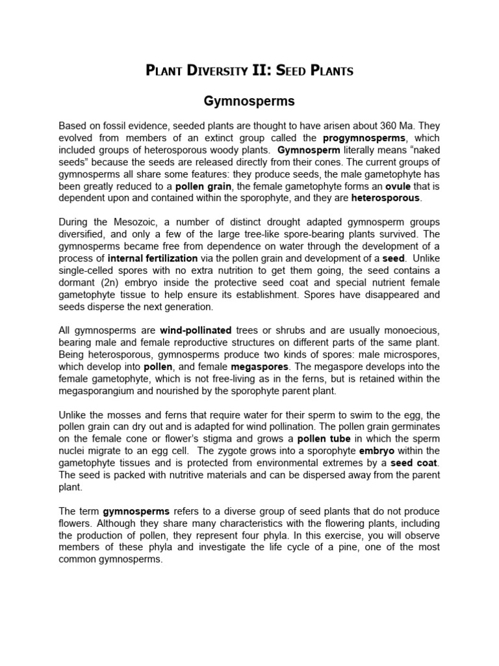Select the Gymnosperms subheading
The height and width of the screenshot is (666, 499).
(x=249, y=101)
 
